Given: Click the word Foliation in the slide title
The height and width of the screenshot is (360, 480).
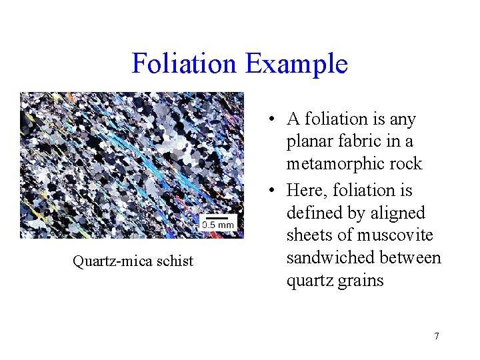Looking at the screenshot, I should pyautogui.click(x=185, y=64).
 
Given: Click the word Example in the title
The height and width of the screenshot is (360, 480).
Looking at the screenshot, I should pyautogui.click(x=297, y=64).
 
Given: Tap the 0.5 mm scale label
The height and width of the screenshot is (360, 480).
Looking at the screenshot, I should pyautogui.click(x=218, y=225).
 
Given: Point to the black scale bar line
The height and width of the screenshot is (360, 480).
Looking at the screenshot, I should pyautogui.click(x=218, y=217).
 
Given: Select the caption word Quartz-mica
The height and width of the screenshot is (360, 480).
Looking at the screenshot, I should pyautogui.click(x=112, y=261).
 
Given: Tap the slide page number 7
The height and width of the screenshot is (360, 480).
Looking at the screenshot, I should pyautogui.click(x=437, y=336).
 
